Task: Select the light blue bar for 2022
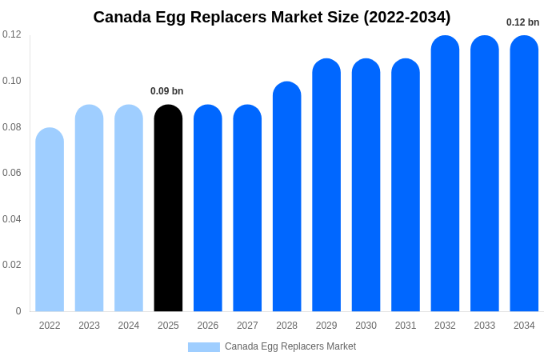pos(50,220)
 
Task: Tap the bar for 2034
pos(524,174)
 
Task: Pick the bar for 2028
pos(286,197)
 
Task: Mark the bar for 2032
pos(445,174)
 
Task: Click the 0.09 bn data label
pos(167,91)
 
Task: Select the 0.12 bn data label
pos(522,22)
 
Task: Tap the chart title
pos(272,17)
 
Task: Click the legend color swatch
pos(203,347)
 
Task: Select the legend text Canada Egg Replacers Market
pos(290,346)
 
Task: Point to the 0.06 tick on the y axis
pos(11,173)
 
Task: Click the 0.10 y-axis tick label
pos(11,81)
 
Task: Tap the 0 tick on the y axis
pos(18,311)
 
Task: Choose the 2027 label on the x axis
pos(247,326)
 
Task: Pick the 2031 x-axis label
pos(406,326)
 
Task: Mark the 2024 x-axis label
pos(129,326)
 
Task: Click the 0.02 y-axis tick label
pos(11,265)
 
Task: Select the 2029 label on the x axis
pos(326,326)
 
